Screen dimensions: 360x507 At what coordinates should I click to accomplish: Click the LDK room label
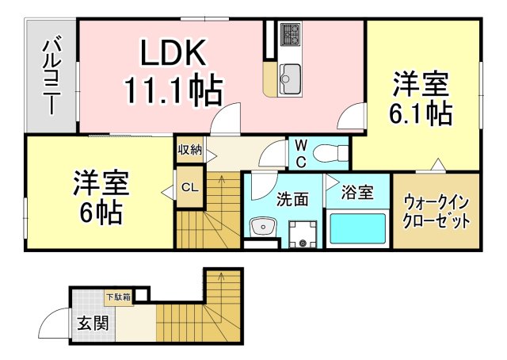(173, 54)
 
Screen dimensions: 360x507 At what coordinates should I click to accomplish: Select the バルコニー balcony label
(52, 75)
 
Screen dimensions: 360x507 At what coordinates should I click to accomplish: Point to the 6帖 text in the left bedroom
(99, 211)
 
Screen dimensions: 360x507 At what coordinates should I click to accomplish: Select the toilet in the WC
(326, 151)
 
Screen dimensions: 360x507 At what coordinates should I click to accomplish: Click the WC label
(301, 153)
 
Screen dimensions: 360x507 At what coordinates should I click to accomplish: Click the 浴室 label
(357, 192)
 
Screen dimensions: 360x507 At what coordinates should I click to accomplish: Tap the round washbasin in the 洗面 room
(261, 228)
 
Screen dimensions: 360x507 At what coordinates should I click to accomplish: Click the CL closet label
(189, 188)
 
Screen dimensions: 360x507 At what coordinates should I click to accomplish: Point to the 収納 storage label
(189, 148)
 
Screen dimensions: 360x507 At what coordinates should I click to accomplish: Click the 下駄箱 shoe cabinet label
(119, 297)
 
